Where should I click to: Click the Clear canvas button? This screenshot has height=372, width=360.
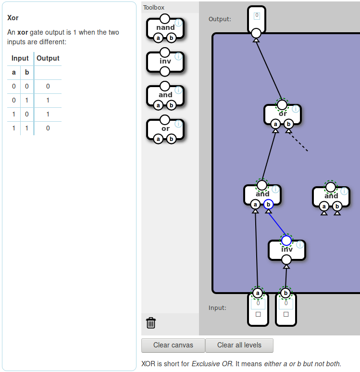pos(173,345)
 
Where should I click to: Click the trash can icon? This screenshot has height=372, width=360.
pos(151,322)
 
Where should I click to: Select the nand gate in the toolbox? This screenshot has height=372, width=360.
pos(165,28)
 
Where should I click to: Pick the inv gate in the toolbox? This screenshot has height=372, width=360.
pos(165,62)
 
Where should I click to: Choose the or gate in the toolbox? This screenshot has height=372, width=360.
pos(165,128)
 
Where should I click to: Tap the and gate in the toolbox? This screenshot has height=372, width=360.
pos(165,95)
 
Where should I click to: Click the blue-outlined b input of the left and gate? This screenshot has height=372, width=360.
pos(269,205)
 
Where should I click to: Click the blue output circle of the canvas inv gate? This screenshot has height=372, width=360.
pos(286,240)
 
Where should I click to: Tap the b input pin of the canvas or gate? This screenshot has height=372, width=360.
pos(288,124)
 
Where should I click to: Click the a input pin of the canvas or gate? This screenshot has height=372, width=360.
pos(275,124)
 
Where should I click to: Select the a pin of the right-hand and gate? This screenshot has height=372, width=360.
pos(324,206)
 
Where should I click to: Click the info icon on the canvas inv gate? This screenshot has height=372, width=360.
pos(300,244)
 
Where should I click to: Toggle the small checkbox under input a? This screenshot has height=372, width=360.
pos(258,314)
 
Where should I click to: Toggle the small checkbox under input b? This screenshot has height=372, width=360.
pos(286,314)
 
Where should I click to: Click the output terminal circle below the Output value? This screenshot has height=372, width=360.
pos(256,33)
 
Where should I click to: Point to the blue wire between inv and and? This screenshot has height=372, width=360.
pos(277,222)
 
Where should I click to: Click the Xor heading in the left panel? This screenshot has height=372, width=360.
pos(13,18)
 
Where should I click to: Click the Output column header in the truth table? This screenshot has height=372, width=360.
pos(48,58)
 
